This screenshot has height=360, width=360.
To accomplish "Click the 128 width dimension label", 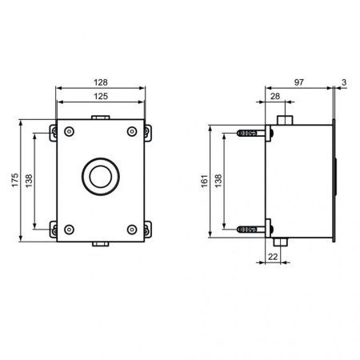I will (100, 82).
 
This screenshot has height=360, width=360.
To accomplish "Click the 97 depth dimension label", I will (298, 82).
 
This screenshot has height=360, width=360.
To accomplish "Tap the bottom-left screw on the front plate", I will (69, 230).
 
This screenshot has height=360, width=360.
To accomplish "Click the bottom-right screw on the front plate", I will (131, 230).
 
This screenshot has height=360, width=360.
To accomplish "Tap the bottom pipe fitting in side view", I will (279, 241).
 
